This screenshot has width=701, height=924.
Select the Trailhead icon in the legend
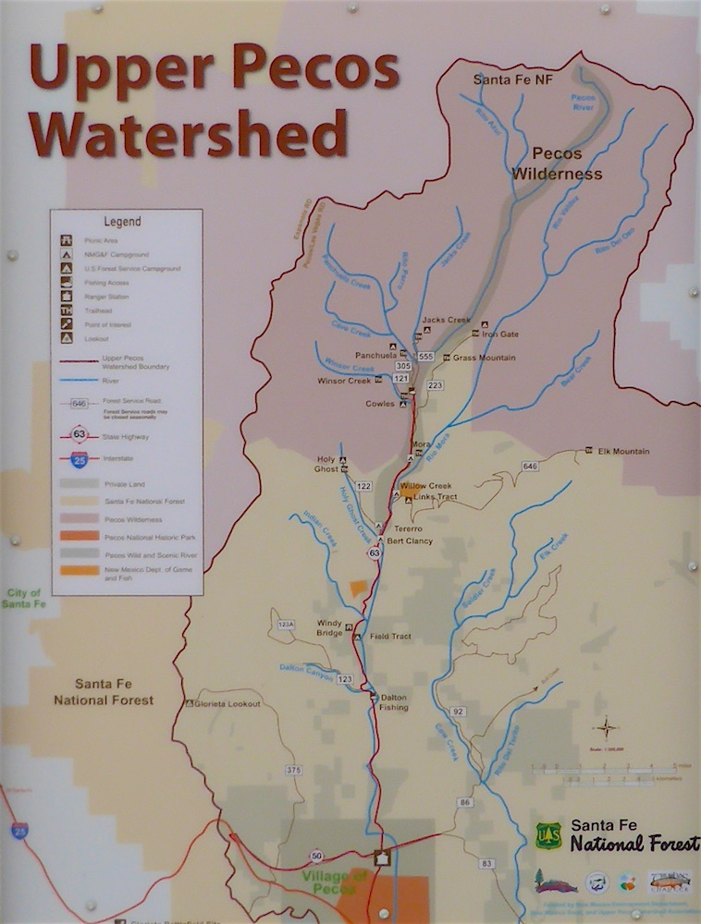pos(66,310)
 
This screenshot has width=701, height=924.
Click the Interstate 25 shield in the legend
pos(80,457)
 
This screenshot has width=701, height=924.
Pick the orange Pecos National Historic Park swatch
pos(80,537)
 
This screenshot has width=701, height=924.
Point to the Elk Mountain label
pos(623,452)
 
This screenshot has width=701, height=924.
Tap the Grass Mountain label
pos(484,358)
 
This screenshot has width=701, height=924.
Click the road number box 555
pos(425,356)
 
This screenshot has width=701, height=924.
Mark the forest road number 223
pos(436,385)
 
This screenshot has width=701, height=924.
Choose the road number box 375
pos(294,770)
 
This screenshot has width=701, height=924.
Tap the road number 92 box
pos(458,711)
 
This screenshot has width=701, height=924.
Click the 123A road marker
pos(286,626)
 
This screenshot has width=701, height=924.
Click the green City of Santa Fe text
pos(24,598)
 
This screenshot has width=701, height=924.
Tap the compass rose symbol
pos(606,727)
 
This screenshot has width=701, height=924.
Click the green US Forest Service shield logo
pos(549,836)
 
